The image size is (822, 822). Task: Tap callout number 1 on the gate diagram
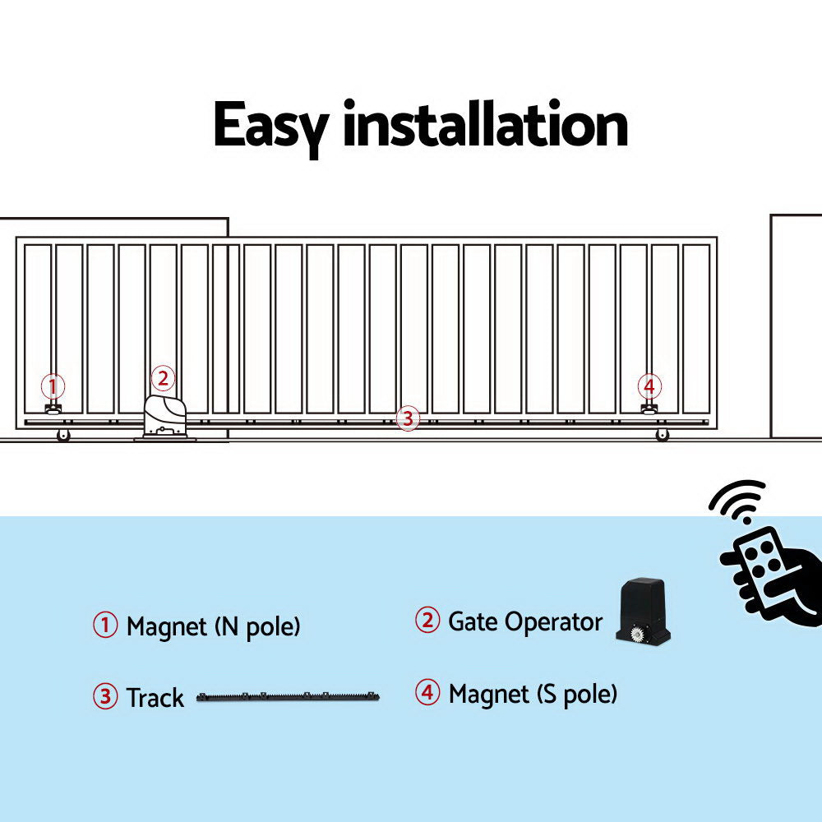point(53,386)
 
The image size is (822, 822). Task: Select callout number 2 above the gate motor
point(163,378)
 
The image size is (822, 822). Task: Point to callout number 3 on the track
point(407,418)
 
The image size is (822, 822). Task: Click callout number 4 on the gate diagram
point(649,386)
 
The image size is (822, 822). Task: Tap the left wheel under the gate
point(63,436)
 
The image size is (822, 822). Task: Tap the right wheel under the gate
point(662,435)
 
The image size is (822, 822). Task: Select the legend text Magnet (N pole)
point(214,627)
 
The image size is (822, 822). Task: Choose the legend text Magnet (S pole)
point(533,695)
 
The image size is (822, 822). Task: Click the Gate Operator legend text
point(524,622)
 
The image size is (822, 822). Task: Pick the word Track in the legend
point(155,698)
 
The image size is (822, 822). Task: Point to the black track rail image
point(288,697)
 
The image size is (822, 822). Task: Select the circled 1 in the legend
point(105,626)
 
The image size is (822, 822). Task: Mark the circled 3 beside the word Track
point(105,697)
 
